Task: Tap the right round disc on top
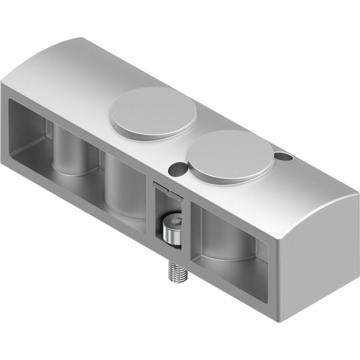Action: (x=230, y=154)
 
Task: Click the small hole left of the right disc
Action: (x=176, y=167)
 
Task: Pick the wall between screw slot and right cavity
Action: (x=188, y=231)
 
